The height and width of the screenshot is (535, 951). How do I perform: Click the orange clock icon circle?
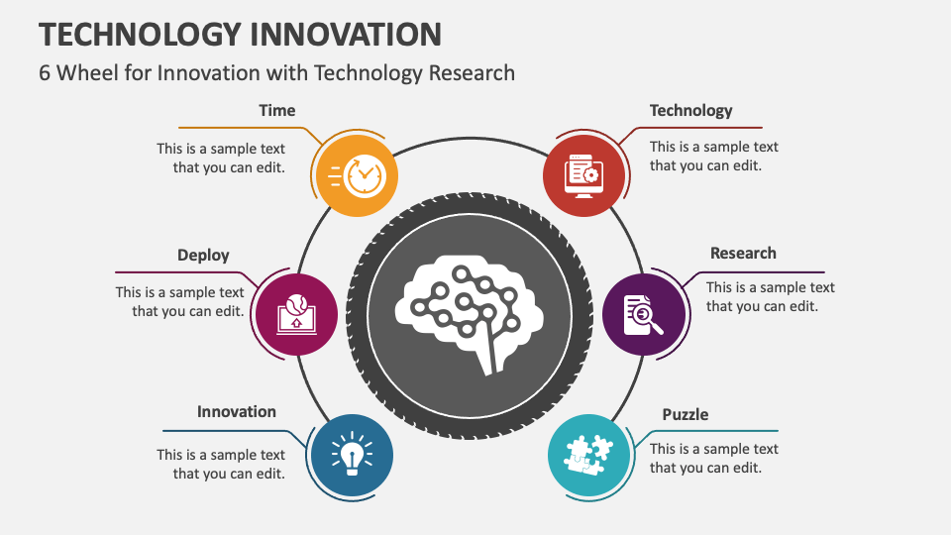356,175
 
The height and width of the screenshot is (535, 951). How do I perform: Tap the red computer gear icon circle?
584,175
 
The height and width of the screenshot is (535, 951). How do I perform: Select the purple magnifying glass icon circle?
644,314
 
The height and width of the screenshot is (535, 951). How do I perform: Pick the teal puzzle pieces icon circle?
588,456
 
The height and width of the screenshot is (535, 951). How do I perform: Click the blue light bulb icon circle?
352,456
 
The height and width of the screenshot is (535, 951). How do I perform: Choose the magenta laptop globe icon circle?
296,314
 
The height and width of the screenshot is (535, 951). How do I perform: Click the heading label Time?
276,110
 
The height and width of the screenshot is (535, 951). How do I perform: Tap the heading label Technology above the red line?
690,110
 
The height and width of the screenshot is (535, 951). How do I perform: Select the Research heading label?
743,253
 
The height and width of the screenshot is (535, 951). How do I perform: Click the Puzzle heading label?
686,414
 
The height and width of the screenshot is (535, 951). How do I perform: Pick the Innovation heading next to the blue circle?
236,411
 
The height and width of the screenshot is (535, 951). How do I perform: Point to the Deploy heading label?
203,255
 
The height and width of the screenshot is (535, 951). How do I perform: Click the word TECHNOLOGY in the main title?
139,34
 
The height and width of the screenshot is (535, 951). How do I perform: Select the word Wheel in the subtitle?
88,72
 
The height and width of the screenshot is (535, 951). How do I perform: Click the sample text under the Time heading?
221,158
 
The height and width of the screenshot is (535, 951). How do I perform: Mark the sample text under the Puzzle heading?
713,458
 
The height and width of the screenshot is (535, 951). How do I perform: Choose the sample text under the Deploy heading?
180,301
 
